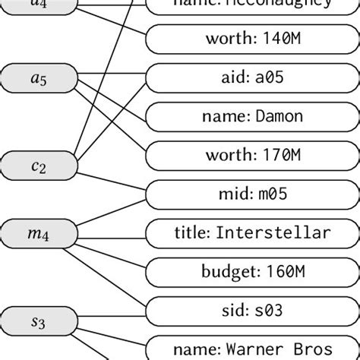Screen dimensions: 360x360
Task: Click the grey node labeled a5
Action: [38, 77]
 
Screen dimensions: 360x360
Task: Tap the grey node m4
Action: [38, 234]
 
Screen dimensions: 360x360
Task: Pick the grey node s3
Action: [38, 322]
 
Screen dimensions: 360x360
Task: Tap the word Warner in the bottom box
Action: [255, 349]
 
